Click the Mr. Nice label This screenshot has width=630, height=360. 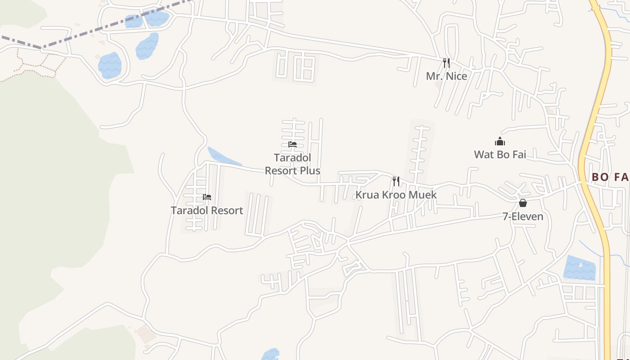point(446,76)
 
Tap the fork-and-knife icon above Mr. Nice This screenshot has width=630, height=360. point(446,63)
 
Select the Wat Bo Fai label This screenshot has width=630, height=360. point(499,155)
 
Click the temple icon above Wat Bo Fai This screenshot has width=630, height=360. point(499,142)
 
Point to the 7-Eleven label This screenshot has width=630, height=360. point(522,216)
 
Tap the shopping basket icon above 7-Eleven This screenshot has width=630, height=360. point(522,203)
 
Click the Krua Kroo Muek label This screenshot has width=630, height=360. point(396,195)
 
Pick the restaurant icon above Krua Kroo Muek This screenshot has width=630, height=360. point(396,181)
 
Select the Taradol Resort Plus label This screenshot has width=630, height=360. point(292,164)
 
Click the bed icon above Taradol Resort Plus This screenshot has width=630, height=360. point(292,144)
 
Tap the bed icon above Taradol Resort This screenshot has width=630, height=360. point(207,197)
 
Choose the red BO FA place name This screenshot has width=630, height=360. point(610,177)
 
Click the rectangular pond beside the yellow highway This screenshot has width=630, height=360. point(580,268)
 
